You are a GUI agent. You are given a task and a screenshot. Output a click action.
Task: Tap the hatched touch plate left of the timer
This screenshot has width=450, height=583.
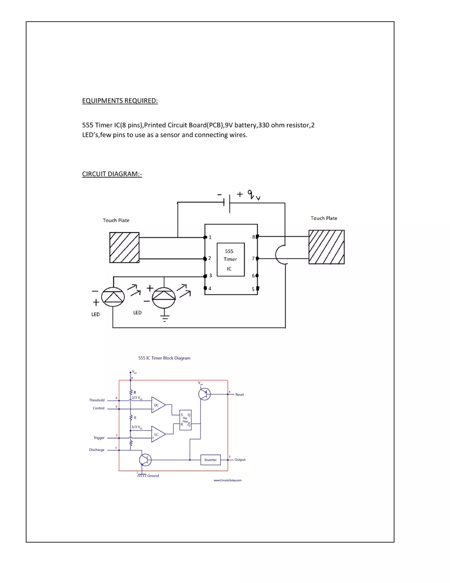[124, 247]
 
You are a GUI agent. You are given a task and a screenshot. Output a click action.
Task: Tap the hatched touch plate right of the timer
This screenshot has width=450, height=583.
[326, 247]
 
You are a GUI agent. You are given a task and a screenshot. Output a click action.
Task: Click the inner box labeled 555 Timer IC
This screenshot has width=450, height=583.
[230, 259]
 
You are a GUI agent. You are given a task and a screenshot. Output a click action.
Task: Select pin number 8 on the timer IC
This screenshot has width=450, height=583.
[254, 237]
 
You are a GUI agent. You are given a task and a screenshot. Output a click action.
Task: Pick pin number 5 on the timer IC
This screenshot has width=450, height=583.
[253, 289]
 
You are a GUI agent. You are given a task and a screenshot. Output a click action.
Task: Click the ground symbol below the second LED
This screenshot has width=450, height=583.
[165, 318]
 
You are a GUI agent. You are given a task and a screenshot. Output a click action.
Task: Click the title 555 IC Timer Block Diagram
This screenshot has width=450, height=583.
[164, 358]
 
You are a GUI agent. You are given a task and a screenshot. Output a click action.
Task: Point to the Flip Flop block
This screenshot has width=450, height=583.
[185, 420]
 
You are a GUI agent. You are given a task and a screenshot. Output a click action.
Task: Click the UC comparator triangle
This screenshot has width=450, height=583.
[157, 405]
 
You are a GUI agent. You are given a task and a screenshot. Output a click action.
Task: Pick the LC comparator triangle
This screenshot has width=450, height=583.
[157, 434]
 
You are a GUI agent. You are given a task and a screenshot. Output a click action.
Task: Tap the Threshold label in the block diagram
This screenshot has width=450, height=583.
[97, 400]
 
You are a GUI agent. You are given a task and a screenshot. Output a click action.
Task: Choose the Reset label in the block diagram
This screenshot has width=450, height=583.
[240, 394]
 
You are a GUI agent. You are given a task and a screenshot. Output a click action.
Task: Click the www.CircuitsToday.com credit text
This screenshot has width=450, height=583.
[227, 480]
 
